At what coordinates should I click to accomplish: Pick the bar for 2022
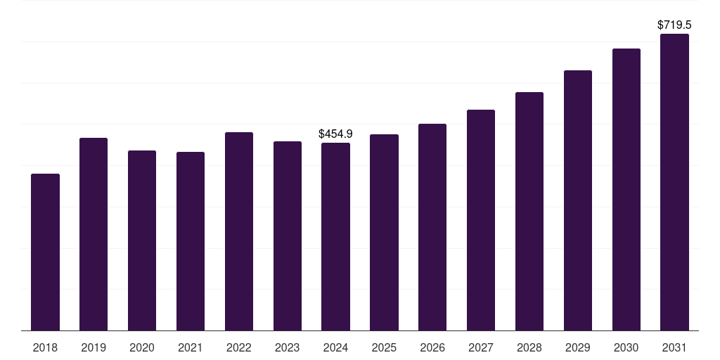(239, 231)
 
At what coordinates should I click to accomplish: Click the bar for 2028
(529, 211)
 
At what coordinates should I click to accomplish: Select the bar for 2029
(578, 200)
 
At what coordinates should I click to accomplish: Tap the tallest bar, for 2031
(675, 182)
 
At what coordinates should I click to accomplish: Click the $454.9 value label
(335, 134)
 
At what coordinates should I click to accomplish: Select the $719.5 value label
(674, 25)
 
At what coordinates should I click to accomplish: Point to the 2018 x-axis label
(45, 347)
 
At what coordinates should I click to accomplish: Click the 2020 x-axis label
(142, 347)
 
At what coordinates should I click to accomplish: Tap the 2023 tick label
(288, 347)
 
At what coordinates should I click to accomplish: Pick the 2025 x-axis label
(384, 347)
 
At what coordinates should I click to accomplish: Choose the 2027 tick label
(481, 347)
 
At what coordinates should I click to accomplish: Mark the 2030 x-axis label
(626, 347)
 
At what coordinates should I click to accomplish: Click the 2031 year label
(675, 347)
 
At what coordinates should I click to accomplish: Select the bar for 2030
(626, 189)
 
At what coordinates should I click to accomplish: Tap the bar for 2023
(288, 236)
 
